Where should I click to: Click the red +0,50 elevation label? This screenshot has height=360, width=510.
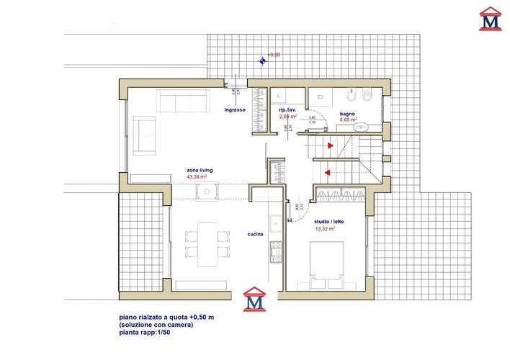[x=274, y=55]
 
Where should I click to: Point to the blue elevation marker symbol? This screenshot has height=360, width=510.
[x=264, y=61]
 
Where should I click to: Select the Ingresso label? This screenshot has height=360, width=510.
[x=235, y=109]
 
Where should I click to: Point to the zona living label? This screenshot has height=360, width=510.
[x=200, y=170]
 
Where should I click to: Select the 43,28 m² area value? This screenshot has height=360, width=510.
[x=197, y=176]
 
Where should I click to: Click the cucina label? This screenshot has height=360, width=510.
[x=255, y=234]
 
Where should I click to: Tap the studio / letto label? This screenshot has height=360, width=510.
[x=330, y=222]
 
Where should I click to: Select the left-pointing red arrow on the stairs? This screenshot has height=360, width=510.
[x=327, y=172]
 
